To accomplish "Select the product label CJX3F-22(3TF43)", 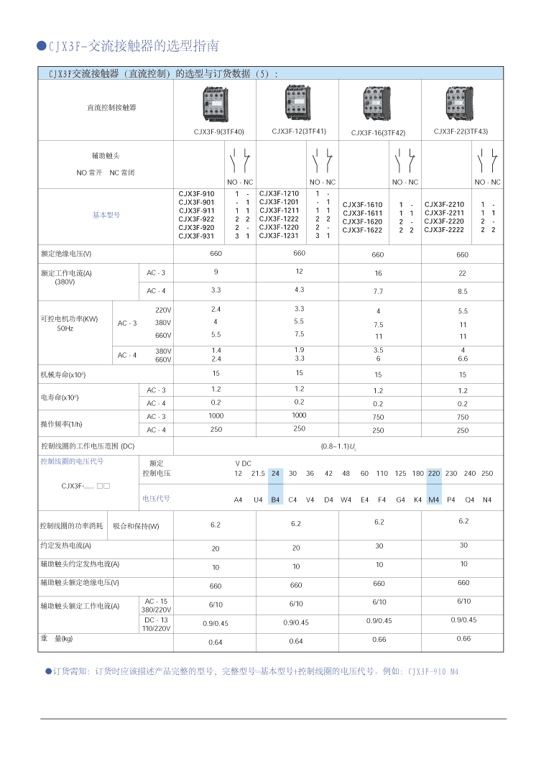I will pos(461,132).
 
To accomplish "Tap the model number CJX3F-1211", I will pos(279,211).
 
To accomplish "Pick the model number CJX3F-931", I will pos(196,236).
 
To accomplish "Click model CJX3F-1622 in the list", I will pos(362,230).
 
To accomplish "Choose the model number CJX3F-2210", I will pos(444,205).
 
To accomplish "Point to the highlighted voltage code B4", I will pos(275,500).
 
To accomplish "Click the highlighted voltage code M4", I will pos(434,500).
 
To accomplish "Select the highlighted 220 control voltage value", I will pos(434,473).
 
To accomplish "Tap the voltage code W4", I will pos(346,500).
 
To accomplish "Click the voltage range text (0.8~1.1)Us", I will pos(338,446).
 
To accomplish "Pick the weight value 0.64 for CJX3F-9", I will pos(216,641).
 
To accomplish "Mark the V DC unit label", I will pos(243,464).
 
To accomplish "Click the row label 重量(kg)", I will pos(57,638).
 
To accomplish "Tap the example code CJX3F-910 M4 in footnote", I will pos(433,672).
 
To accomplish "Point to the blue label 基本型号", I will pos(106,215).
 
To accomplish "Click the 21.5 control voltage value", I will pos(258,473).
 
